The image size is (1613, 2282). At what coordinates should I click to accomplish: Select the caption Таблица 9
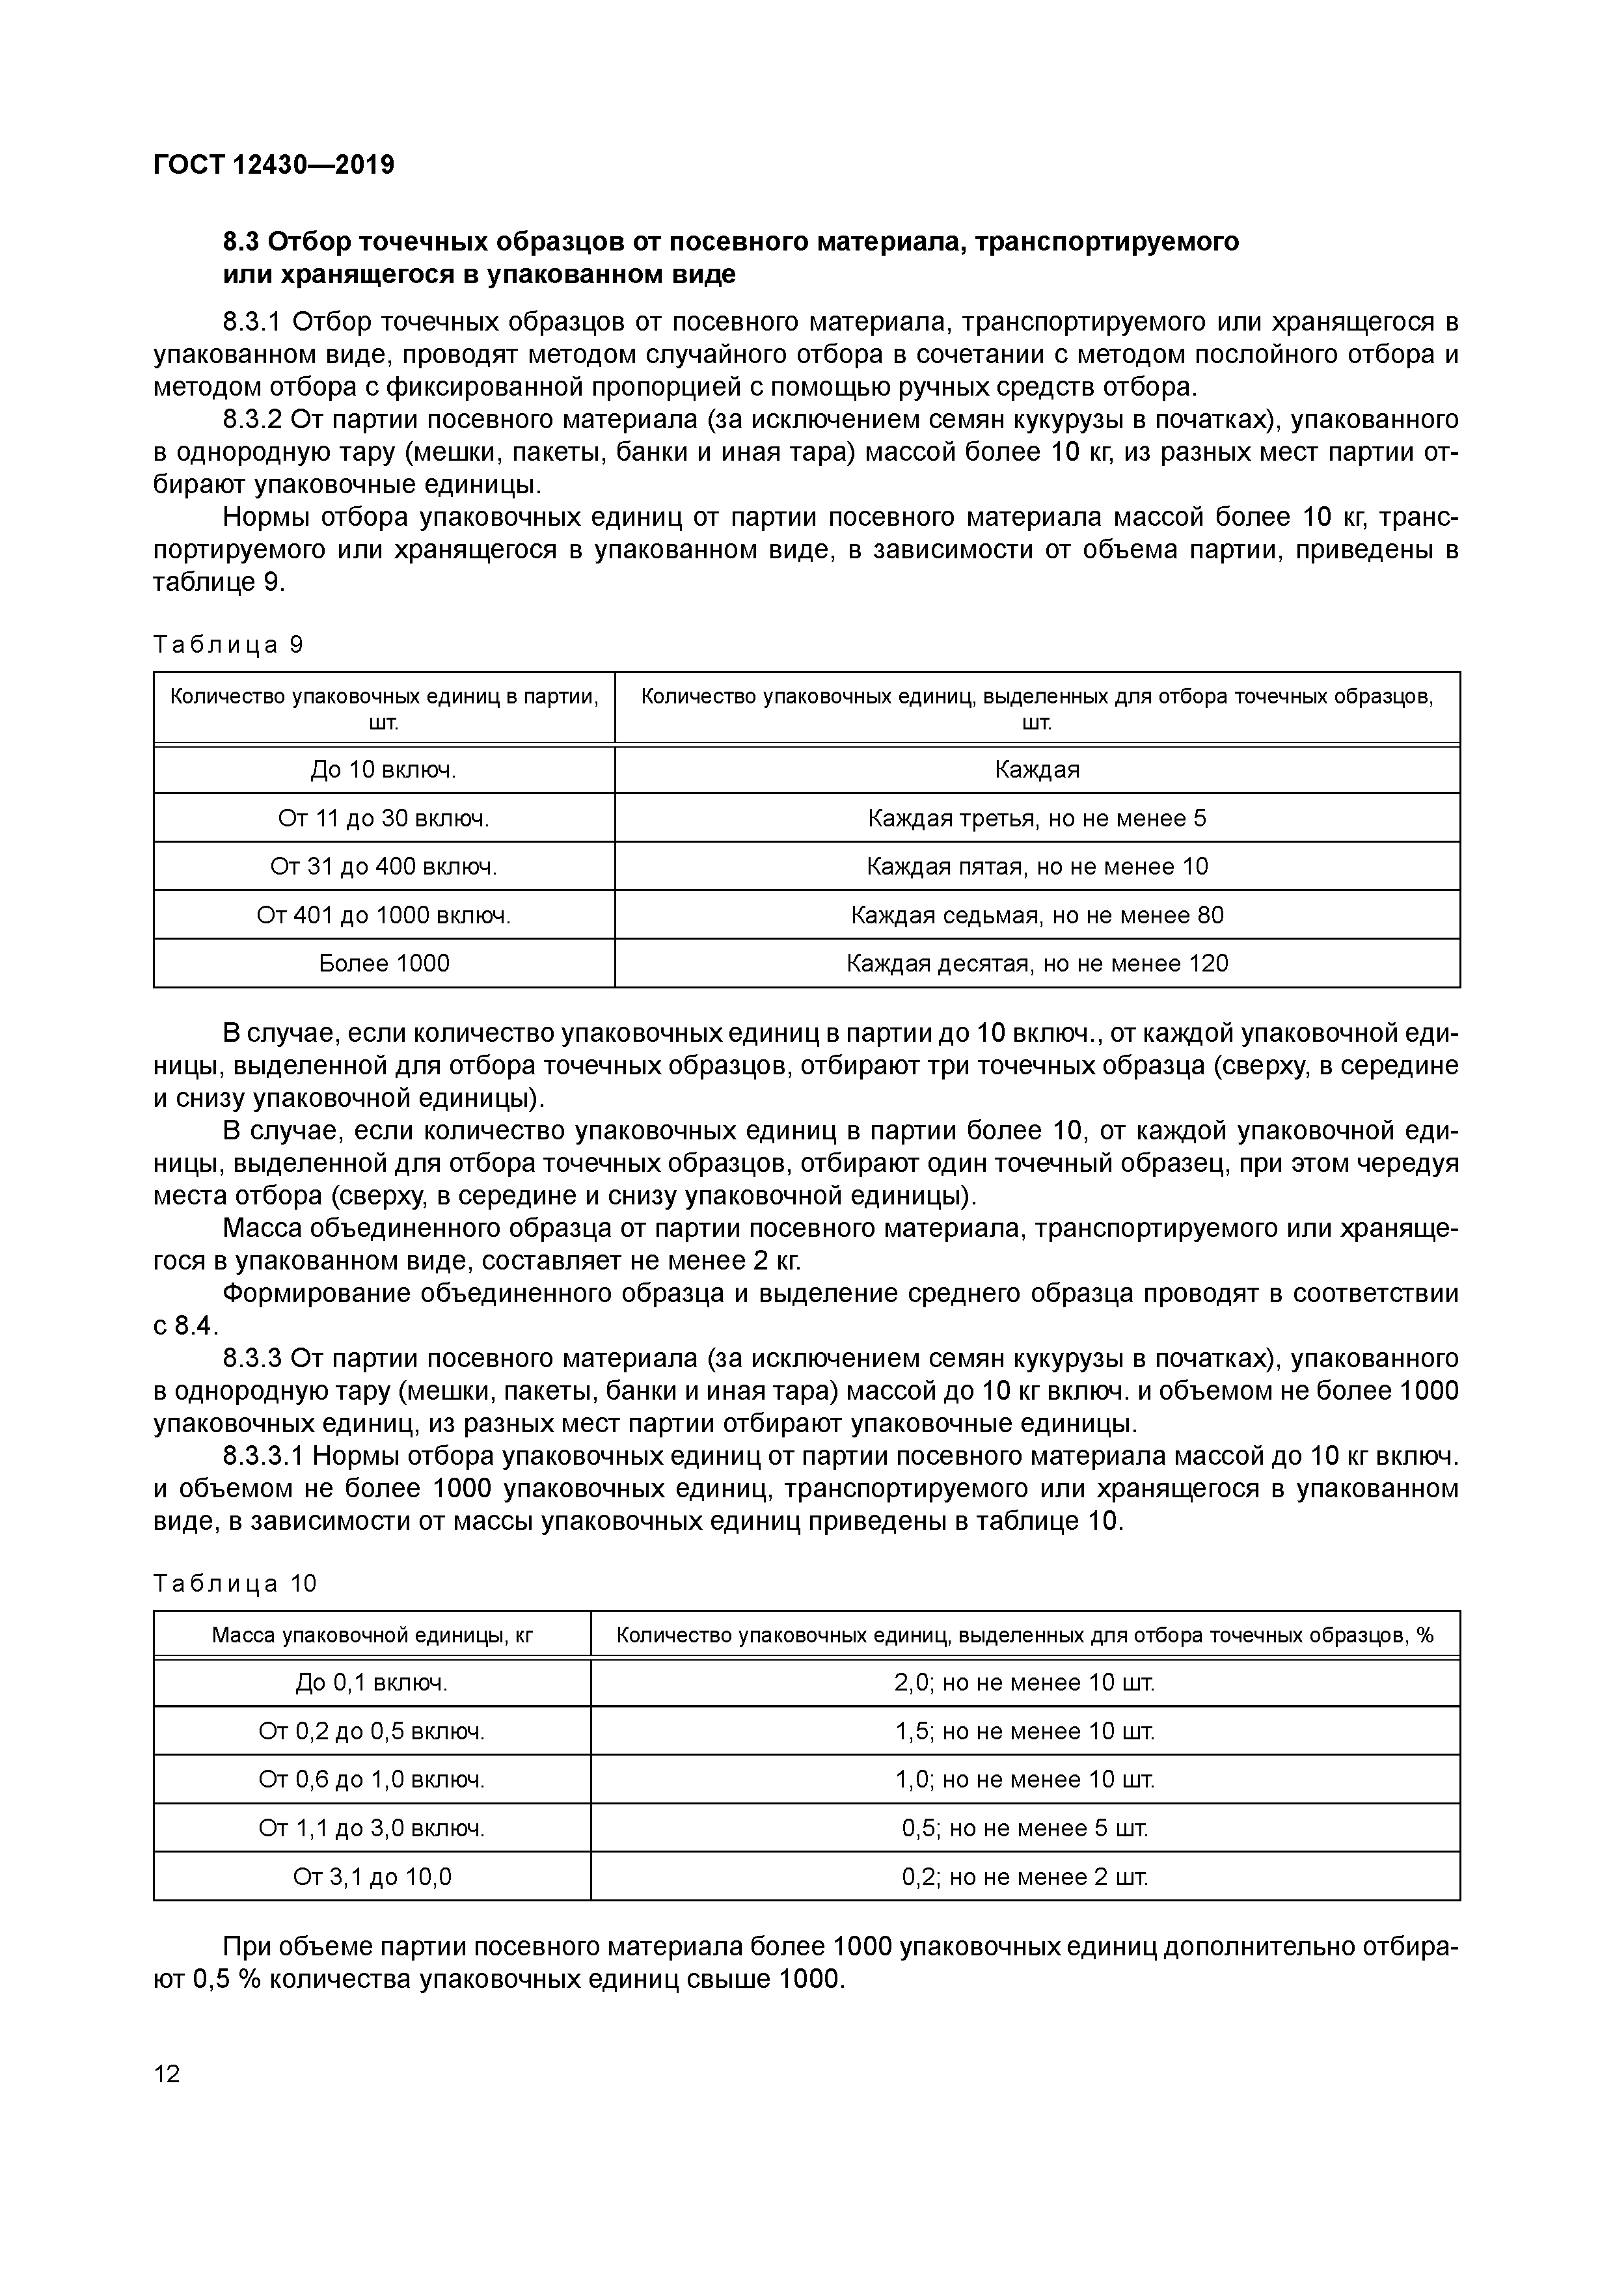(x=228, y=645)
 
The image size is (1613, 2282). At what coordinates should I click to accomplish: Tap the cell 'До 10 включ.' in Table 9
(x=384, y=769)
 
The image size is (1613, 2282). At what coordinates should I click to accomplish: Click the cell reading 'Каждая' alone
(x=1037, y=769)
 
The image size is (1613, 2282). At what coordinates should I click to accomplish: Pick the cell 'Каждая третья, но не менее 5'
(x=1037, y=818)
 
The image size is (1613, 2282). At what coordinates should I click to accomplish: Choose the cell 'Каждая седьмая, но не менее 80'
(x=1037, y=914)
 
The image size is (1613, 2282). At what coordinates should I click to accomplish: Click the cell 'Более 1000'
(x=384, y=963)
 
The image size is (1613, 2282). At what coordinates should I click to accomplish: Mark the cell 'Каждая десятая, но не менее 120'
(x=1037, y=963)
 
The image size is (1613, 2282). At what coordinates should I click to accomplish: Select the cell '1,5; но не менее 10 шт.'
(x=1025, y=1732)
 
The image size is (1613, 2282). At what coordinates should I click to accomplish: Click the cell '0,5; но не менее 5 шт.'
(x=1025, y=1828)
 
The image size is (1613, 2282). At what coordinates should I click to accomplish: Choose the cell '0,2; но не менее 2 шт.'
(x=1025, y=1877)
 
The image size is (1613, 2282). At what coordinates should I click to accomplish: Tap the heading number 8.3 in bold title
(x=241, y=241)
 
